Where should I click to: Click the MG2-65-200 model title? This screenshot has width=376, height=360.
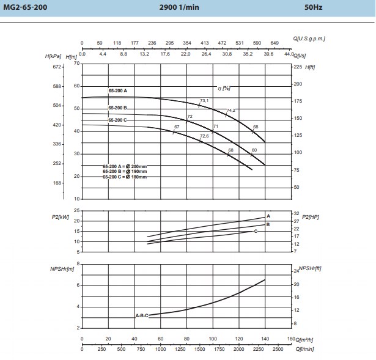23,8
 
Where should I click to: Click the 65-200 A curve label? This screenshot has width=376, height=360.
117,90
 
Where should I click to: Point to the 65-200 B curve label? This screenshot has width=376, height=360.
117,108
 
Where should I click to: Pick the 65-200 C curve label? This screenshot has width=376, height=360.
117,120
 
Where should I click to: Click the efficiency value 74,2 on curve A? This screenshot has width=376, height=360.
231,110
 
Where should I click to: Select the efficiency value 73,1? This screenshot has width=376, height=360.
204,100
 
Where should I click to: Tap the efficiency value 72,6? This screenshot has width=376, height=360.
204,136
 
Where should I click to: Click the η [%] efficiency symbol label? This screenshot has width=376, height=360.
223,87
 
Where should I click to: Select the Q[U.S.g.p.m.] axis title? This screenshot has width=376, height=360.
309,38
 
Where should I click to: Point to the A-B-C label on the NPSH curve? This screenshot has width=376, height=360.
141,315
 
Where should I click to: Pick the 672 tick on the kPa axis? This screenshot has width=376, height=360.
58,67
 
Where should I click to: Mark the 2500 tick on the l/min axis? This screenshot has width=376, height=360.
277,349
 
